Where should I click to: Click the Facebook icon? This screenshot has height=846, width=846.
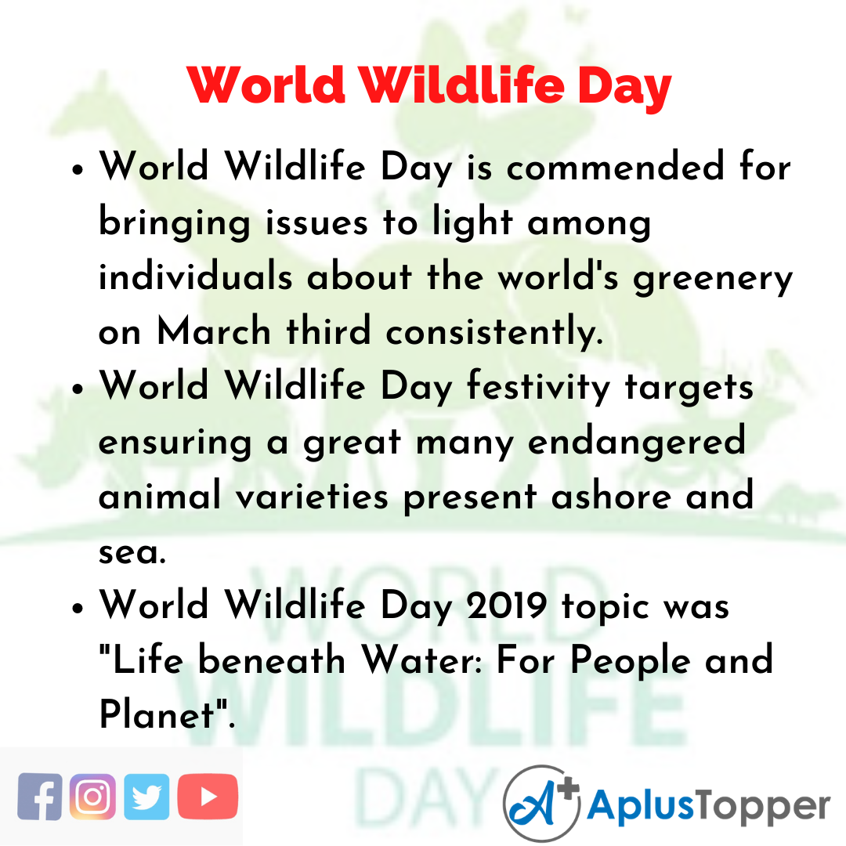[x=39, y=797]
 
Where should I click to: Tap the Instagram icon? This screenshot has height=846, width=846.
[x=92, y=797]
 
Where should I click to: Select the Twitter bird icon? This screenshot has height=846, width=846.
[x=146, y=797]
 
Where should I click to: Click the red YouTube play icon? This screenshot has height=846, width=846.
[x=208, y=797]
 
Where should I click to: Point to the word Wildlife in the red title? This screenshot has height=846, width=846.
[x=462, y=85]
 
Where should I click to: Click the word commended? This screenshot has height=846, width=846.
[x=615, y=167]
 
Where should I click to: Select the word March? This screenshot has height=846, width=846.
[x=214, y=331]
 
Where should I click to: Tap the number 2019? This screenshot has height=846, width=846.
[x=507, y=605]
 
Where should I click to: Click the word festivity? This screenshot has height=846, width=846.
[x=538, y=388]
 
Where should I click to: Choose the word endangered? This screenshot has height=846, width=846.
[x=637, y=443]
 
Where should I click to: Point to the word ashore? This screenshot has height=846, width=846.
[x=611, y=495]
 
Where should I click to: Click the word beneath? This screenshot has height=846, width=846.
[x=272, y=660]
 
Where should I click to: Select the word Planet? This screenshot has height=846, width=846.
[x=157, y=714]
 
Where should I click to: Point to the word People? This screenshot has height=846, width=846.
[x=631, y=660]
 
